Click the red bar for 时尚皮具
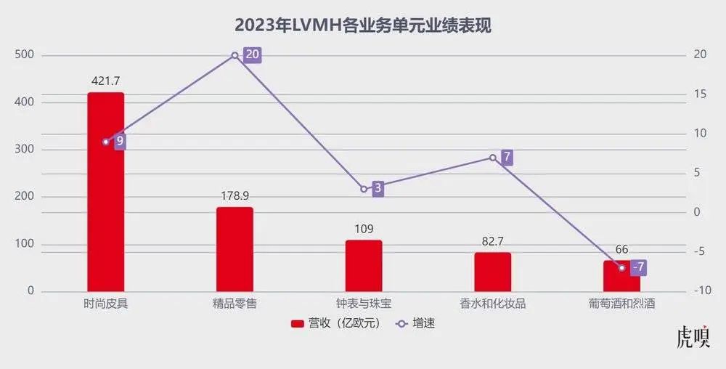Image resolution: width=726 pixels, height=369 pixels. (105, 192)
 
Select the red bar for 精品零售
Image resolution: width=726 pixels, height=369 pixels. (234, 249)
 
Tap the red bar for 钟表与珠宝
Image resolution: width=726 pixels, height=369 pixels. (364, 266)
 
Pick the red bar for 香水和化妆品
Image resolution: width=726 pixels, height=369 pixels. (493, 272)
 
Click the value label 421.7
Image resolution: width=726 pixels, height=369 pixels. (106, 81)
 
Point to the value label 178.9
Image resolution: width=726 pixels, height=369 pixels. (234, 195)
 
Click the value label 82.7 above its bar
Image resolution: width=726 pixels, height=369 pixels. (493, 240)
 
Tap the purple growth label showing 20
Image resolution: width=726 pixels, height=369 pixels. (252, 55)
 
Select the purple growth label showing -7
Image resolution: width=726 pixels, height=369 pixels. (638, 267)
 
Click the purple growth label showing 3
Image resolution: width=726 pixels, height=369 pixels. (378, 189)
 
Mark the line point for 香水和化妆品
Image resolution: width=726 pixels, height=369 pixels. (493, 158)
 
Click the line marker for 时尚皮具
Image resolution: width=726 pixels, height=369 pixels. (106, 142)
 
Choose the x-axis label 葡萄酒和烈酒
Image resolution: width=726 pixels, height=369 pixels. (621, 304)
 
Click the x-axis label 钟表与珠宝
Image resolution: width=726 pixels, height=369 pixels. (364, 304)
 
